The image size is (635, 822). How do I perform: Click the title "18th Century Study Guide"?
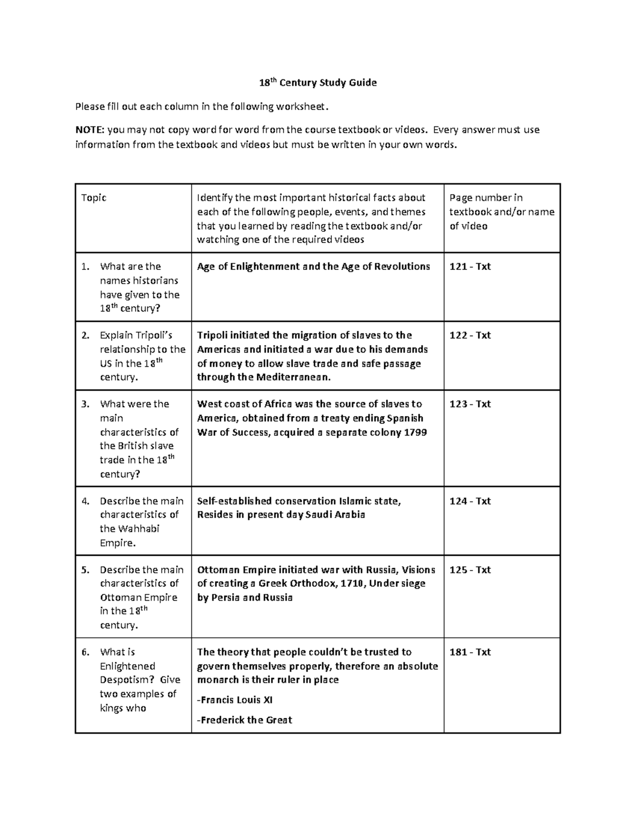coord(317,83)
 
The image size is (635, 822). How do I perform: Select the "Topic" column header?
coord(94,198)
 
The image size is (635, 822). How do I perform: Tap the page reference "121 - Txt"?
coord(470,267)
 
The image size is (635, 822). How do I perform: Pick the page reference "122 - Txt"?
coord(470,336)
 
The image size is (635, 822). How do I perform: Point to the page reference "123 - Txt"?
coord(470,404)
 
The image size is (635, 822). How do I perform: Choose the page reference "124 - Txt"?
coord(470,501)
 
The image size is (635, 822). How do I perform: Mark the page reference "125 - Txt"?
coord(470,570)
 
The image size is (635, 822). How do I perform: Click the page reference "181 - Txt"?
coord(470,652)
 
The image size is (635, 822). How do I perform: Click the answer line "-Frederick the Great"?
coord(244,720)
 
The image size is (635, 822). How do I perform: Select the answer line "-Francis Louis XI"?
coord(235,700)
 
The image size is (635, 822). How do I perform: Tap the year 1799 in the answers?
coord(415,432)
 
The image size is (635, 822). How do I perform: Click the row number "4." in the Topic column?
coord(86,501)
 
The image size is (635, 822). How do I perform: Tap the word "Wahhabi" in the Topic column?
coord(139,529)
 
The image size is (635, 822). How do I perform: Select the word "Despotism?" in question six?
coord(128,680)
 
